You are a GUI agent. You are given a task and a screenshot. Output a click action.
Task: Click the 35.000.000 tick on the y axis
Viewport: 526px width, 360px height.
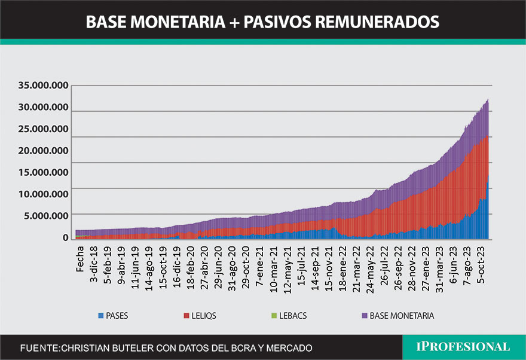point(43,86)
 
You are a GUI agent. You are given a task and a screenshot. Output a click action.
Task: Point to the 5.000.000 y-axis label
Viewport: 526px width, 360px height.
point(46,215)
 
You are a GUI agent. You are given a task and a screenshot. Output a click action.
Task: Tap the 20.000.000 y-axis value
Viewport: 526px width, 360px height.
point(43,151)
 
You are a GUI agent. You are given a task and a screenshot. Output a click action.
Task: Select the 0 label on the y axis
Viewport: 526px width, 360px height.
point(66,237)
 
